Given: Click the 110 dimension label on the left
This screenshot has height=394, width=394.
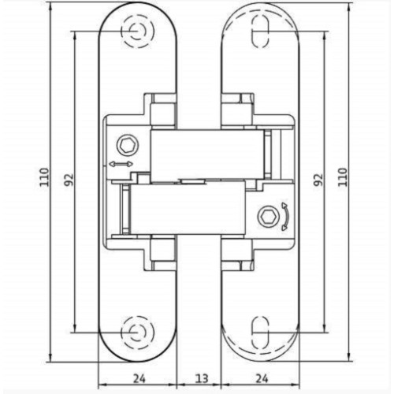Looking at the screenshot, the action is coord(45,177).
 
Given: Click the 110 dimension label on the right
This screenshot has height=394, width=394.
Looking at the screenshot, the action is coord(343,177).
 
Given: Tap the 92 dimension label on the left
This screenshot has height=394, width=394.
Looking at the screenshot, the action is coord(69,180).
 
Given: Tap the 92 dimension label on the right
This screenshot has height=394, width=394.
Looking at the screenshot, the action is coord(318,180).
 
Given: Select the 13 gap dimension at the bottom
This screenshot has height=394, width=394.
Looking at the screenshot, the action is coord(202,378).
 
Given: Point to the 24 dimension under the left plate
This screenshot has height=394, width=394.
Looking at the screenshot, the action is coord(139,378).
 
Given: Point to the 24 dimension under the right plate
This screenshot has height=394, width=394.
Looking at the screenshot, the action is coord(262,378).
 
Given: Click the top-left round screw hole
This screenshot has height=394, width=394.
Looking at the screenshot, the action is coord(137,32).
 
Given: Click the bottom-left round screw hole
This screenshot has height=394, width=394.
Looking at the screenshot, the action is coord(137,332).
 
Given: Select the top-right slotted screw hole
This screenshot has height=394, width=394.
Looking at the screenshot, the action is coord(260,32).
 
